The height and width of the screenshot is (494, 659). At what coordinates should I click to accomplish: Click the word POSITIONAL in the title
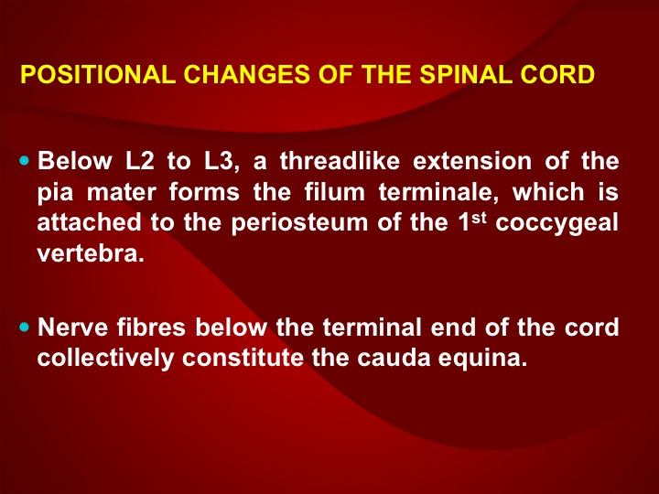(x=98, y=74)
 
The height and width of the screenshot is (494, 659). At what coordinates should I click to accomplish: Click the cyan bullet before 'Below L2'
(x=25, y=160)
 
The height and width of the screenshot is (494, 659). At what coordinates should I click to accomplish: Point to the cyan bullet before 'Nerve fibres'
(x=25, y=327)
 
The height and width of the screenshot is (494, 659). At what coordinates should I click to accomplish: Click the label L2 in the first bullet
(x=140, y=160)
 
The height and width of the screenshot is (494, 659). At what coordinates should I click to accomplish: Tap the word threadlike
(x=340, y=160)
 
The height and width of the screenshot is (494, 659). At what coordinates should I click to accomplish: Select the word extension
(x=472, y=160)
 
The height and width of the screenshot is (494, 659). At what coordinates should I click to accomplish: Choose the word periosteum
(x=299, y=223)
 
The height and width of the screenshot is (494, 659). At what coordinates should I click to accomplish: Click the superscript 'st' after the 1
(x=479, y=218)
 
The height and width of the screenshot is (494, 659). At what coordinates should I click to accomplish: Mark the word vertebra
(x=91, y=253)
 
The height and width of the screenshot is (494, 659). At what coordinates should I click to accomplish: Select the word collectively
(x=105, y=359)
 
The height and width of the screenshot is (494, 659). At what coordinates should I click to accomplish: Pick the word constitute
(x=243, y=358)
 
